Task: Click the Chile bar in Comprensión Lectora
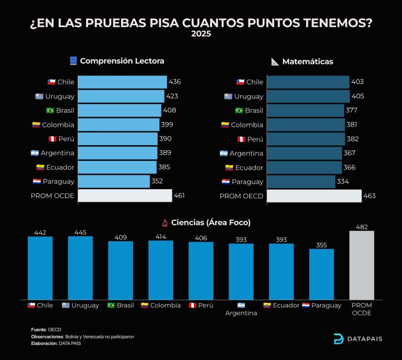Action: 122,82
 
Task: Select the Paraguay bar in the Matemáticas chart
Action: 301,182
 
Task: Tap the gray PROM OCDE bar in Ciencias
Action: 362,265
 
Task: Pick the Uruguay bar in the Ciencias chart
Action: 80,268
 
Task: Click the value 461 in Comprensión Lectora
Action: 179,196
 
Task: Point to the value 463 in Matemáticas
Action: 369,196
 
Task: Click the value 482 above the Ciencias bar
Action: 362,227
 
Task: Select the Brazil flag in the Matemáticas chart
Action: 239,110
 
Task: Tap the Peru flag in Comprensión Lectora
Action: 52,139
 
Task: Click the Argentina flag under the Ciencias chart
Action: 241,305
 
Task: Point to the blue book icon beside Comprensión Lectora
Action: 73,61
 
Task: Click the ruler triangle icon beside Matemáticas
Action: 275,62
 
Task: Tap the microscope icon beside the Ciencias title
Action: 165,222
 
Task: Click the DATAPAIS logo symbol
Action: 338,339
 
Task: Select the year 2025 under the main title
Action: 201,34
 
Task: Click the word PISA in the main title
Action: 164,23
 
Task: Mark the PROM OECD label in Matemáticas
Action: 241,196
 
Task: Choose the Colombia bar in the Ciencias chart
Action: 161,270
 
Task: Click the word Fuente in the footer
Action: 38,329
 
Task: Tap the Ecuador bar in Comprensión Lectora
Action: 117,167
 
